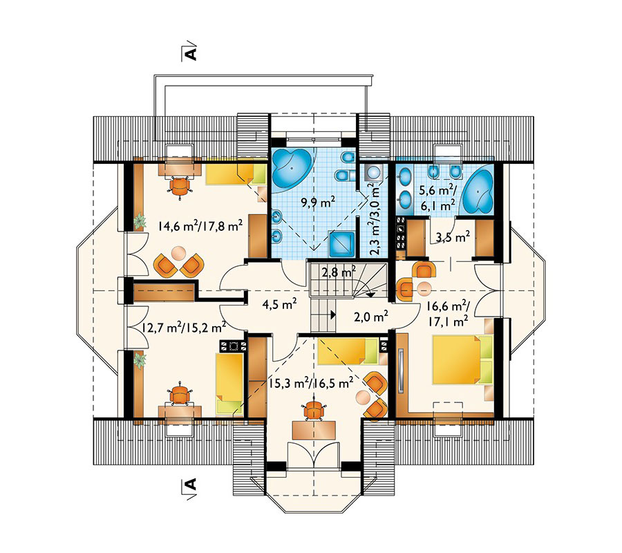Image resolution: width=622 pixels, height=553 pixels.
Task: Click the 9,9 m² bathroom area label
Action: click(x=318, y=203)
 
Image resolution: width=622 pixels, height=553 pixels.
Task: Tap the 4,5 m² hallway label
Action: click(x=280, y=305)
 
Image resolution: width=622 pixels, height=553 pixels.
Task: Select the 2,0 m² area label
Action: click(x=371, y=316)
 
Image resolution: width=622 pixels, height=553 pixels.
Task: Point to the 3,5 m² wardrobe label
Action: click(x=453, y=237)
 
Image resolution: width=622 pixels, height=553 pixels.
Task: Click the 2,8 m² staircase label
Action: click(x=339, y=272)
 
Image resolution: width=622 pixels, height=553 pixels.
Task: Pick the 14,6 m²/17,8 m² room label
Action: click(x=200, y=226)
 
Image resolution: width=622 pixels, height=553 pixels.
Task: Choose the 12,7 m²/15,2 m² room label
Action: click(x=184, y=328)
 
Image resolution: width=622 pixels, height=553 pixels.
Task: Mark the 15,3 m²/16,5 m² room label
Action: click(x=311, y=383)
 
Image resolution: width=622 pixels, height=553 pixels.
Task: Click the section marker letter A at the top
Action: click(x=191, y=53)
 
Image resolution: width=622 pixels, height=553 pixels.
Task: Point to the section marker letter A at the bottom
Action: click(x=191, y=485)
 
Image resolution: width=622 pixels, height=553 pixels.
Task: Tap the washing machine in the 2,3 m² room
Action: click(x=373, y=173)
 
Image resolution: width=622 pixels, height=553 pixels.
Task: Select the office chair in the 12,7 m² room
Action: click(x=179, y=395)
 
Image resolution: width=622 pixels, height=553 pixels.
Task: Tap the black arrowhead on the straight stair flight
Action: click(x=333, y=315)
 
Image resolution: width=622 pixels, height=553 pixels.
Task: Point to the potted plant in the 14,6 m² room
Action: click(x=139, y=221)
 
